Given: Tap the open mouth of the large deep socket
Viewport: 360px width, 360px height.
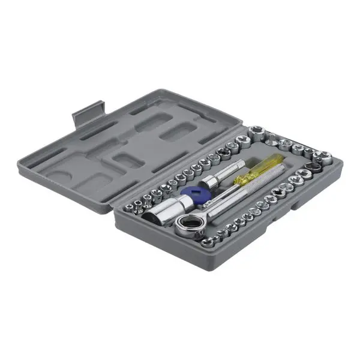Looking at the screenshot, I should point(150,217).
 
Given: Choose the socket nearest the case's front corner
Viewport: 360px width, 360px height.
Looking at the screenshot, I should point(206,242).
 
